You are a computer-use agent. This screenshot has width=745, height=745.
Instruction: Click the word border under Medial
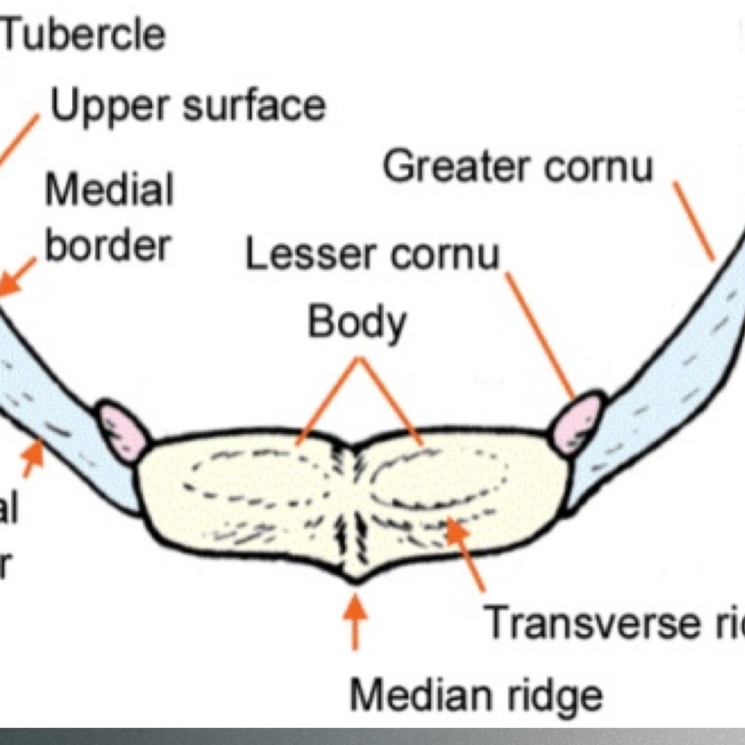tap(107, 246)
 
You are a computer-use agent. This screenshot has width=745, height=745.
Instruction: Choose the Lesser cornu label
tap(372, 255)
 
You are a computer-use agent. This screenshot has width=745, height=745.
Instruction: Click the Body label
tap(357, 322)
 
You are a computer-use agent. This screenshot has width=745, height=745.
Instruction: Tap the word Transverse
tap(592, 622)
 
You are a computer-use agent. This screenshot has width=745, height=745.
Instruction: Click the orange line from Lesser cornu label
tap(541, 335)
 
